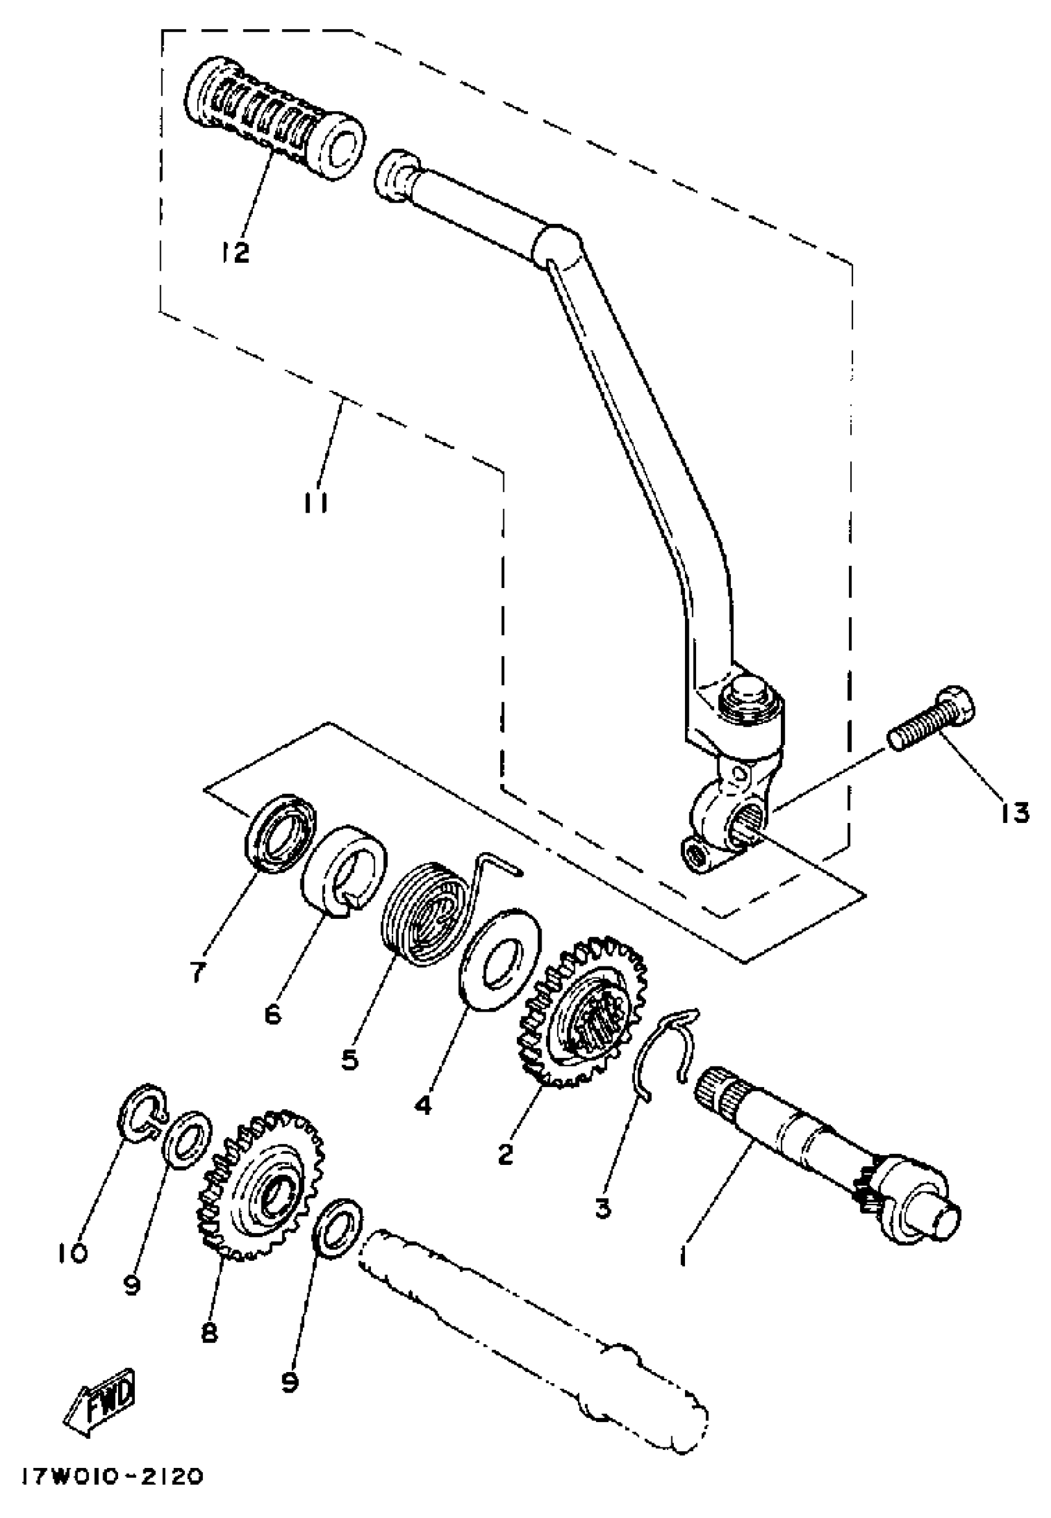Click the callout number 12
(236, 251)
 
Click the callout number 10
(70, 1253)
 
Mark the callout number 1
(683, 1258)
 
